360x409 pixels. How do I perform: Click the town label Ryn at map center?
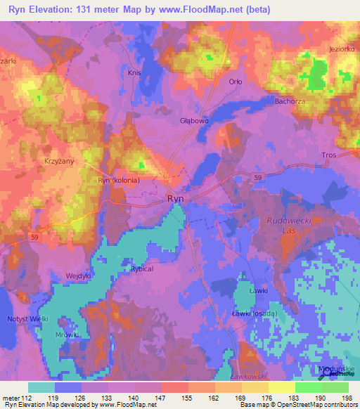click(x=176, y=199)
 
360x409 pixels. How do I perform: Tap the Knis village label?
click(x=135, y=72)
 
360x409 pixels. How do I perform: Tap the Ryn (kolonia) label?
click(x=118, y=180)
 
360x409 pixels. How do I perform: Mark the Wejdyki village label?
click(x=79, y=275)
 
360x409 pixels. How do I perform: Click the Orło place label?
click(x=236, y=82)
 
